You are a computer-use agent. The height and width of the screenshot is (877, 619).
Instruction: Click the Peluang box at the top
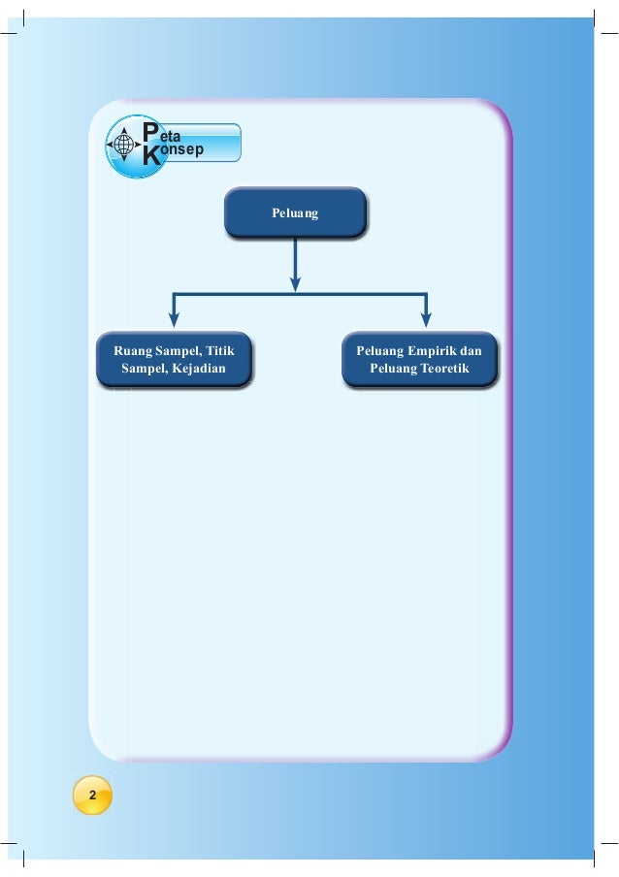point(295,212)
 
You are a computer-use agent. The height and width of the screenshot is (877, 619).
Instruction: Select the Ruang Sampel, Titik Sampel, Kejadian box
point(175,360)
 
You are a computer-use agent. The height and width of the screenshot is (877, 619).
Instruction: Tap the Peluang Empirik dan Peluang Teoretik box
point(419,360)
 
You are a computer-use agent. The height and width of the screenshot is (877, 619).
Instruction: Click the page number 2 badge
point(92,796)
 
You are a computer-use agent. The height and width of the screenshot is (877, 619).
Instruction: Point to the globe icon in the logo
point(124,145)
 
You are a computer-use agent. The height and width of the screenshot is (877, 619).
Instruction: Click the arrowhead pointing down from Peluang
point(295,283)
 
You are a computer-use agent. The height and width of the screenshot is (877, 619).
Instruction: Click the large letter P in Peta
point(149,133)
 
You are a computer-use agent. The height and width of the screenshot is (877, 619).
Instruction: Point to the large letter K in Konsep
point(149,156)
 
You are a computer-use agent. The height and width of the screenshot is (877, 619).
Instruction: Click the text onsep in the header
point(181,152)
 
